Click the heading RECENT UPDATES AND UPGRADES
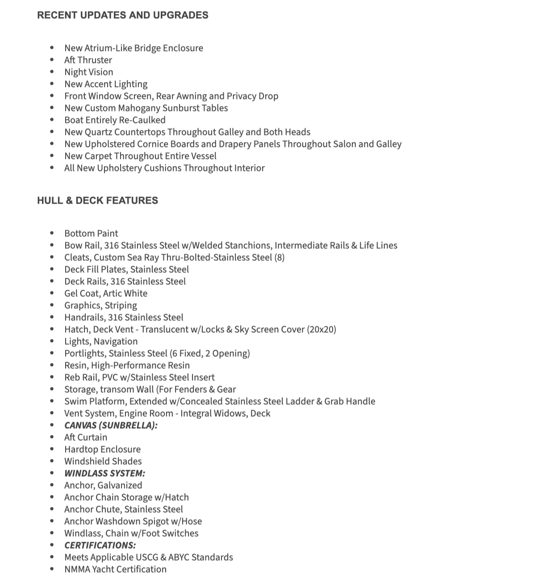[x=123, y=15]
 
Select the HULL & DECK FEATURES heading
[x=97, y=201]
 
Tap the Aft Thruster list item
[x=88, y=60]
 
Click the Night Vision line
[x=88, y=72]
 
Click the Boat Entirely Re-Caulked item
[x=115, y=120]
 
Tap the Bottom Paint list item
[x=91, y=234]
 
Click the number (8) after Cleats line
[x=279, y=258]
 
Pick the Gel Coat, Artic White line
[x=106, y=293]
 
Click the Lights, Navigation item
[x=101, y=342]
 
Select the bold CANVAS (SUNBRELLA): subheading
[x=111, y=426]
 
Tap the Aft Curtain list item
[x=86, y=438]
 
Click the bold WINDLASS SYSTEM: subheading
[x=104, y=473]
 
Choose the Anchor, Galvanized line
[x=103, y=486]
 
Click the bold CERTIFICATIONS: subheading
[x=100, y=545]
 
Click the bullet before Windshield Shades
[x=52, y=461]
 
